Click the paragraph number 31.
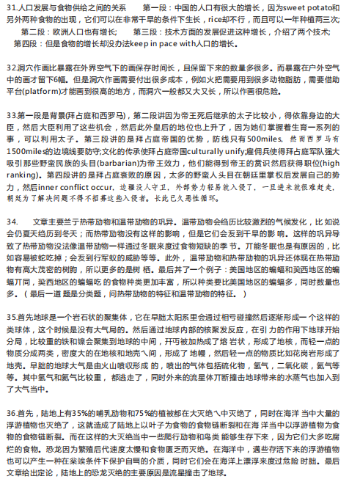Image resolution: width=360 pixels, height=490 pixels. click(x=11, y=7)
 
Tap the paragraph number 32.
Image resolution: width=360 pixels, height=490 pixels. click(x=11, y=66)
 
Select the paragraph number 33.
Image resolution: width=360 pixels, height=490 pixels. click(x=11, y=116)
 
